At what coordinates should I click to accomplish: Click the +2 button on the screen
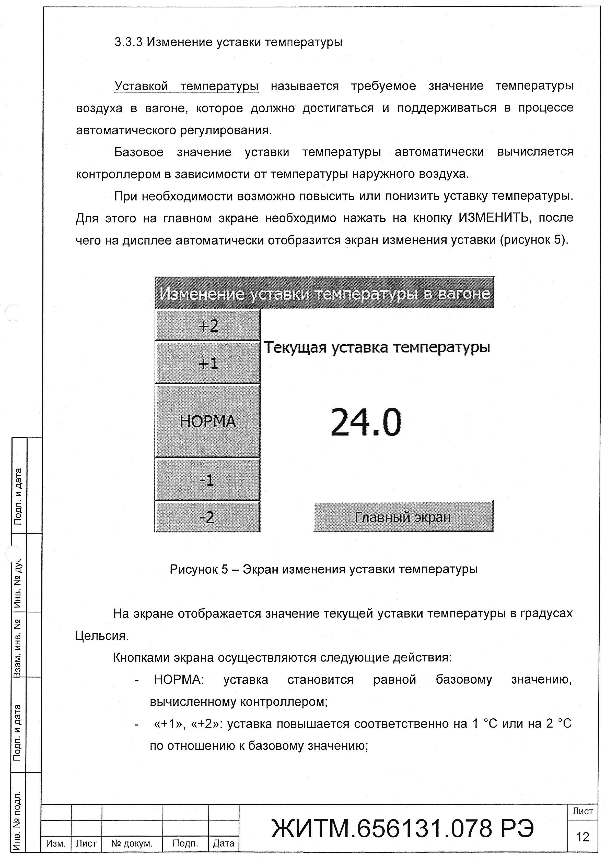coord(207,326)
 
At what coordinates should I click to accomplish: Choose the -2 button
coord(207,517)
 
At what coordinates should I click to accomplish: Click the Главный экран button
coord(403,517)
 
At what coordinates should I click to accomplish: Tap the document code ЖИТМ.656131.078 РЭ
coord(403,828)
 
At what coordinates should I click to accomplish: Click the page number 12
coord(582,837)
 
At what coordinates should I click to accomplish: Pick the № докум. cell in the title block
coord(132,843)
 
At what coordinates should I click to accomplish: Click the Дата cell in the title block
coord(224,843)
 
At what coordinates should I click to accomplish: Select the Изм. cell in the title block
coord(56,843)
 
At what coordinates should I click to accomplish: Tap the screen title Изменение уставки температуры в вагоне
coord(324,294)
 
